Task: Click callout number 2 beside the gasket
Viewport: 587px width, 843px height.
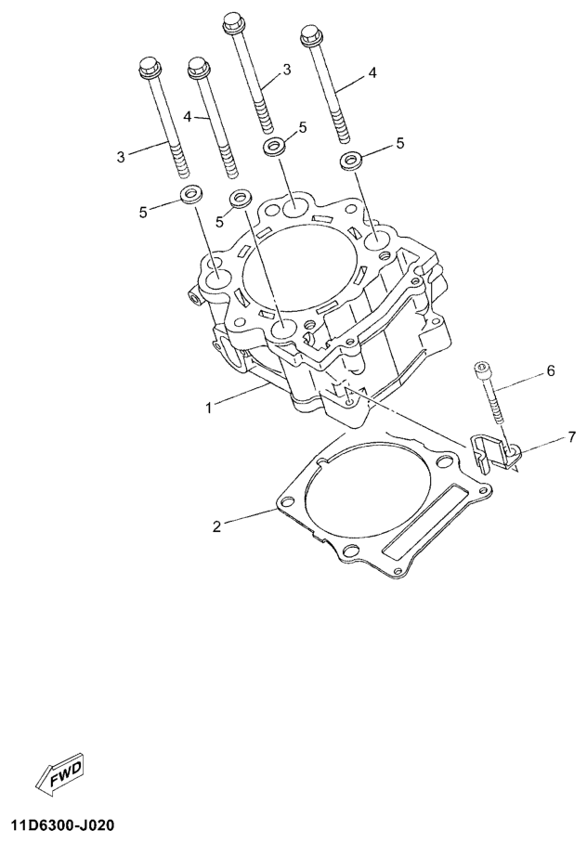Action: (x=216, y=525)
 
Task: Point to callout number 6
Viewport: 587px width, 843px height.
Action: (x=550, y=371)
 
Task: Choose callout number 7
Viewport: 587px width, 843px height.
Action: (x=571, y=436)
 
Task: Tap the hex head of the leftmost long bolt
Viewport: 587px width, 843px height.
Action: (x=149, y=66)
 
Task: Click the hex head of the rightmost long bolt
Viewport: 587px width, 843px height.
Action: (x=311, y=35)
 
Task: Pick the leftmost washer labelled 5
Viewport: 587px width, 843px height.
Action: (x=189, y=194)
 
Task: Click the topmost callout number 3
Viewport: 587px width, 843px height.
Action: (x=287, y=70)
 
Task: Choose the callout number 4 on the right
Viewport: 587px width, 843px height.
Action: (x=372, y=73)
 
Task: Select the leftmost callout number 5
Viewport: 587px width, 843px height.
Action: (x=143, y=213)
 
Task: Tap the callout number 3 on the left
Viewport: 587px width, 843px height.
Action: (x=121, y=157)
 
